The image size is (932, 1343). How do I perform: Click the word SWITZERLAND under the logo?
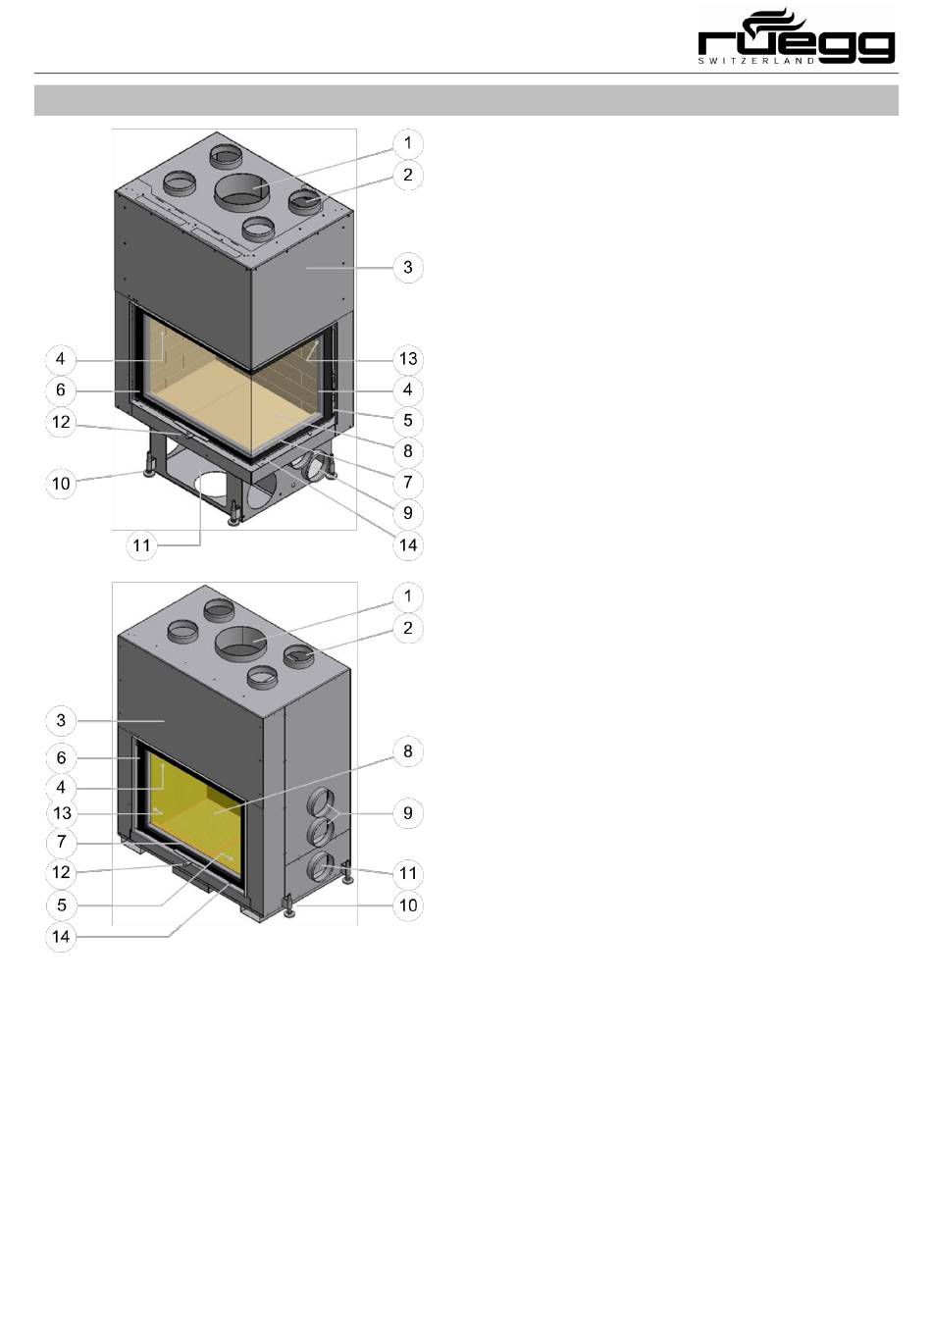pyautogui.click(x=756, y=61)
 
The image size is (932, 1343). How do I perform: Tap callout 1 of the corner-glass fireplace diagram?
pyautogui.click(x=408, y=143)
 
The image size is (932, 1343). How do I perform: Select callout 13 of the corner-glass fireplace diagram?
pyautogui.click(x=408, y=359)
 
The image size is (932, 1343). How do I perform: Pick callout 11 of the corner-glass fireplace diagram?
pyautogui.click(x=141, y=545)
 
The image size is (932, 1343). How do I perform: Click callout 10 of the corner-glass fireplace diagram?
pyautogui.click(x=61, y=484)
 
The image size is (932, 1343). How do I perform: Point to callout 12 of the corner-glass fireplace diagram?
pyautogui.click(x=61, y=422)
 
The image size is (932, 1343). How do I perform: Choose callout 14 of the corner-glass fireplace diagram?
pyautogui.click(x=408, y=545)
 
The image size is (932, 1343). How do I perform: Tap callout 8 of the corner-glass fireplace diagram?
pyautogui.click(x=408, y=451)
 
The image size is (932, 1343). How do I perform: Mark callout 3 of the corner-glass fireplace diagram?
pyautogui.click(x=408, y=268)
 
